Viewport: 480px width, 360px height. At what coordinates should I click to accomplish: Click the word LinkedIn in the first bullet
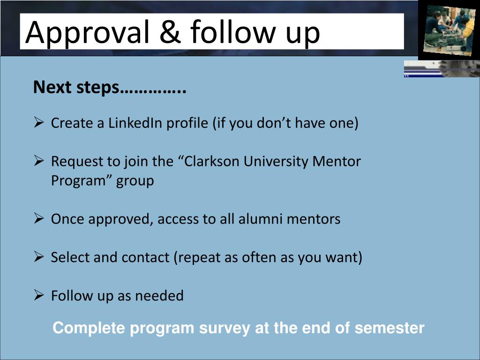coord(135,123)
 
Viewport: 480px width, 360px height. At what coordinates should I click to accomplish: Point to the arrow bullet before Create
coord(39,123)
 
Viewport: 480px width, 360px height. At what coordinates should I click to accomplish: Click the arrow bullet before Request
coord(39,161)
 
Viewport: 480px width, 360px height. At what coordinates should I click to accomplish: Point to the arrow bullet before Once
coord(39,218)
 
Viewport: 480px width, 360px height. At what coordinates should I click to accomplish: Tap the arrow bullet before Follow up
coord(39,295)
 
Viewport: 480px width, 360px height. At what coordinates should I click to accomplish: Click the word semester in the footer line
coord(389,328)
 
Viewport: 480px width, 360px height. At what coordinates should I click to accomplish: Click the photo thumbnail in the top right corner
coord(449,29)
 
